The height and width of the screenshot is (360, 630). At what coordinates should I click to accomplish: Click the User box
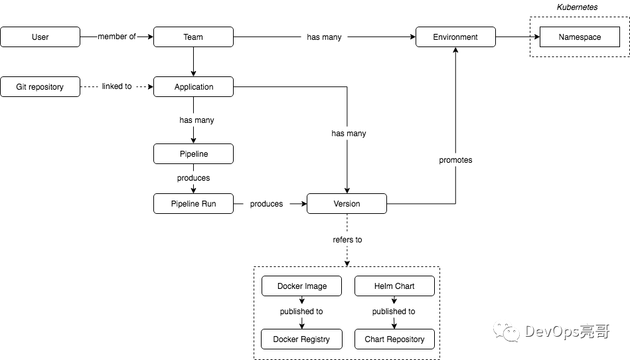click(x=40, y=37)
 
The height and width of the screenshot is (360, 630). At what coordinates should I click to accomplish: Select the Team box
click(x=193, y=37)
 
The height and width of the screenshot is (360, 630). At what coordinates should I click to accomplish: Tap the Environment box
click(x=455, y=37)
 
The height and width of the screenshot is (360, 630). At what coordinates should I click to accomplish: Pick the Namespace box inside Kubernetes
click(x=580, y=37)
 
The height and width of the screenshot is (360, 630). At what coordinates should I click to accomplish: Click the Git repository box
click(x=40, y=87)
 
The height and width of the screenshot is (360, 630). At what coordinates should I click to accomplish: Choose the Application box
click(x=193, y=87)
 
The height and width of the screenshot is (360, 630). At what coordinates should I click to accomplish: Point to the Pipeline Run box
click(x=193, y=204)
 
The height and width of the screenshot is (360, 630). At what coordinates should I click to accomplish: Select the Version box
click(x=347, y=204)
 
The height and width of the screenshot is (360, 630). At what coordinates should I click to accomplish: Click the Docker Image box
click(x=302, y=286)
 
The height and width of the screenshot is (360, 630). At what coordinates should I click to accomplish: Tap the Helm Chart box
click(x=394, y=286)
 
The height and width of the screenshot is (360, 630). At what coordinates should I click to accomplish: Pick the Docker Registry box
click(x=302, y=339)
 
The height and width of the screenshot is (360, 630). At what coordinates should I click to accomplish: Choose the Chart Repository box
click(x=394, y=339)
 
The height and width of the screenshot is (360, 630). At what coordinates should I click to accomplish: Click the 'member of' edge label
click(x=117, y=37)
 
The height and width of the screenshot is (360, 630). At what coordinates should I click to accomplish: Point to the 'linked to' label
click(x=117, y=86)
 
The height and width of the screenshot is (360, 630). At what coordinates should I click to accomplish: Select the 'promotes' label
click(x=455, y=160)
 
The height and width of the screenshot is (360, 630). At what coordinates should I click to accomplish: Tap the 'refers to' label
click(x=347, y=240)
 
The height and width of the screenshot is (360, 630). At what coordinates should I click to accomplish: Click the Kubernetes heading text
click(x=577, y=7)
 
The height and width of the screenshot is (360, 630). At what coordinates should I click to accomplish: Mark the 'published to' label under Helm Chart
click(x=394, y=312)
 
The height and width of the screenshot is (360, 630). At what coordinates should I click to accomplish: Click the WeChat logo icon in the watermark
click(x=507, y=332)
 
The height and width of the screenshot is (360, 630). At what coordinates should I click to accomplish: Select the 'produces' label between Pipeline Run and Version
click(x=266, y=204)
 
